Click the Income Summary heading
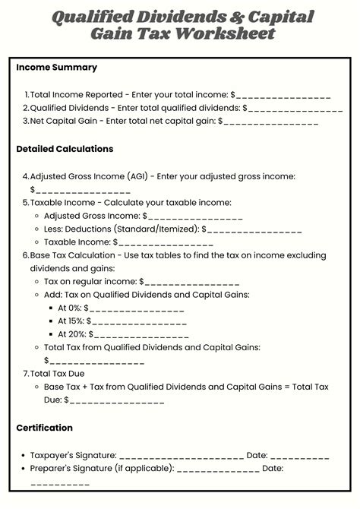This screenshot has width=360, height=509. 56,68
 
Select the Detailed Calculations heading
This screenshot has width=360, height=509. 65,149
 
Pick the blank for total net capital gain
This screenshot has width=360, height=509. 271,122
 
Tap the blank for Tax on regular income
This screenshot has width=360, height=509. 193,282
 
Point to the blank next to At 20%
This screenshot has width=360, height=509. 141,334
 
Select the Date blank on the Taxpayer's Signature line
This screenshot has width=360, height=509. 299,456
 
